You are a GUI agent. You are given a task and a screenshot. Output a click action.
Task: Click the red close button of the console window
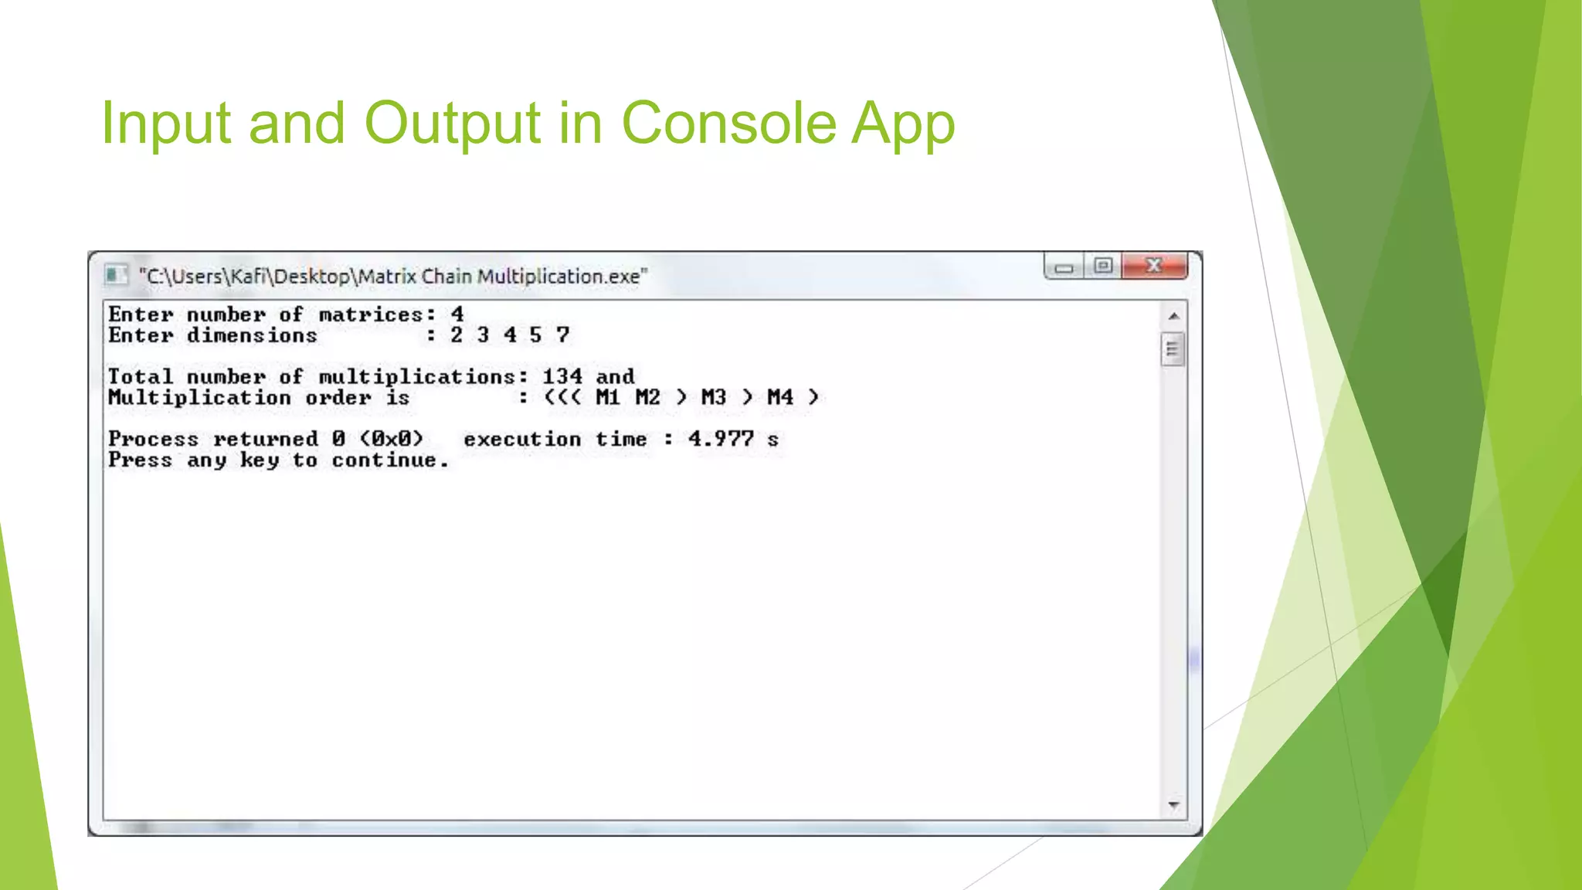coord(1154,266)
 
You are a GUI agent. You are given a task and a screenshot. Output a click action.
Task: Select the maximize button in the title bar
coord(1103,266)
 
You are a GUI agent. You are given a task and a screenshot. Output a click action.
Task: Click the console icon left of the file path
coord(116,275)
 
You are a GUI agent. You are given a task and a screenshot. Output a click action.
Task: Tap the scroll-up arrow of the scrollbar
coord(1173,316)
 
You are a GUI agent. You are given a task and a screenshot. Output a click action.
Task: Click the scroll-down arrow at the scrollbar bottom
coord(1173,806)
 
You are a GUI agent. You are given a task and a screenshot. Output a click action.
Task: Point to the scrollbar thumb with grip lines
coord(1173,349)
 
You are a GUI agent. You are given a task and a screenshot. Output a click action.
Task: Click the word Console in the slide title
coord(728,123)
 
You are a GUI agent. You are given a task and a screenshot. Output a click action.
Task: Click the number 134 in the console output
coord(562,376)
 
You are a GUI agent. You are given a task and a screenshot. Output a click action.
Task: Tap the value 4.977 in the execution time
coord(721,439)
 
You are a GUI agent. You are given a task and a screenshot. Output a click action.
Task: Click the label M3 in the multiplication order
coord(713,397)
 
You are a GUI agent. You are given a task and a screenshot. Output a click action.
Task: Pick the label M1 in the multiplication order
coord(608,397)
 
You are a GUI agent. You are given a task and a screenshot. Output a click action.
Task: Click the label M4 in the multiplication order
coord(779,397)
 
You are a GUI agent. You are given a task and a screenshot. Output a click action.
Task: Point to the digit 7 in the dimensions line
coord(562,335)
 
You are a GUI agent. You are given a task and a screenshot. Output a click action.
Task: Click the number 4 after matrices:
coord(457,314)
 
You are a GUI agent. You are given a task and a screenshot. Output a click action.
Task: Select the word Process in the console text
coord(153,439)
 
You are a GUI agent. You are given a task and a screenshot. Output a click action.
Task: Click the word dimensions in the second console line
coord(252,335)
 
